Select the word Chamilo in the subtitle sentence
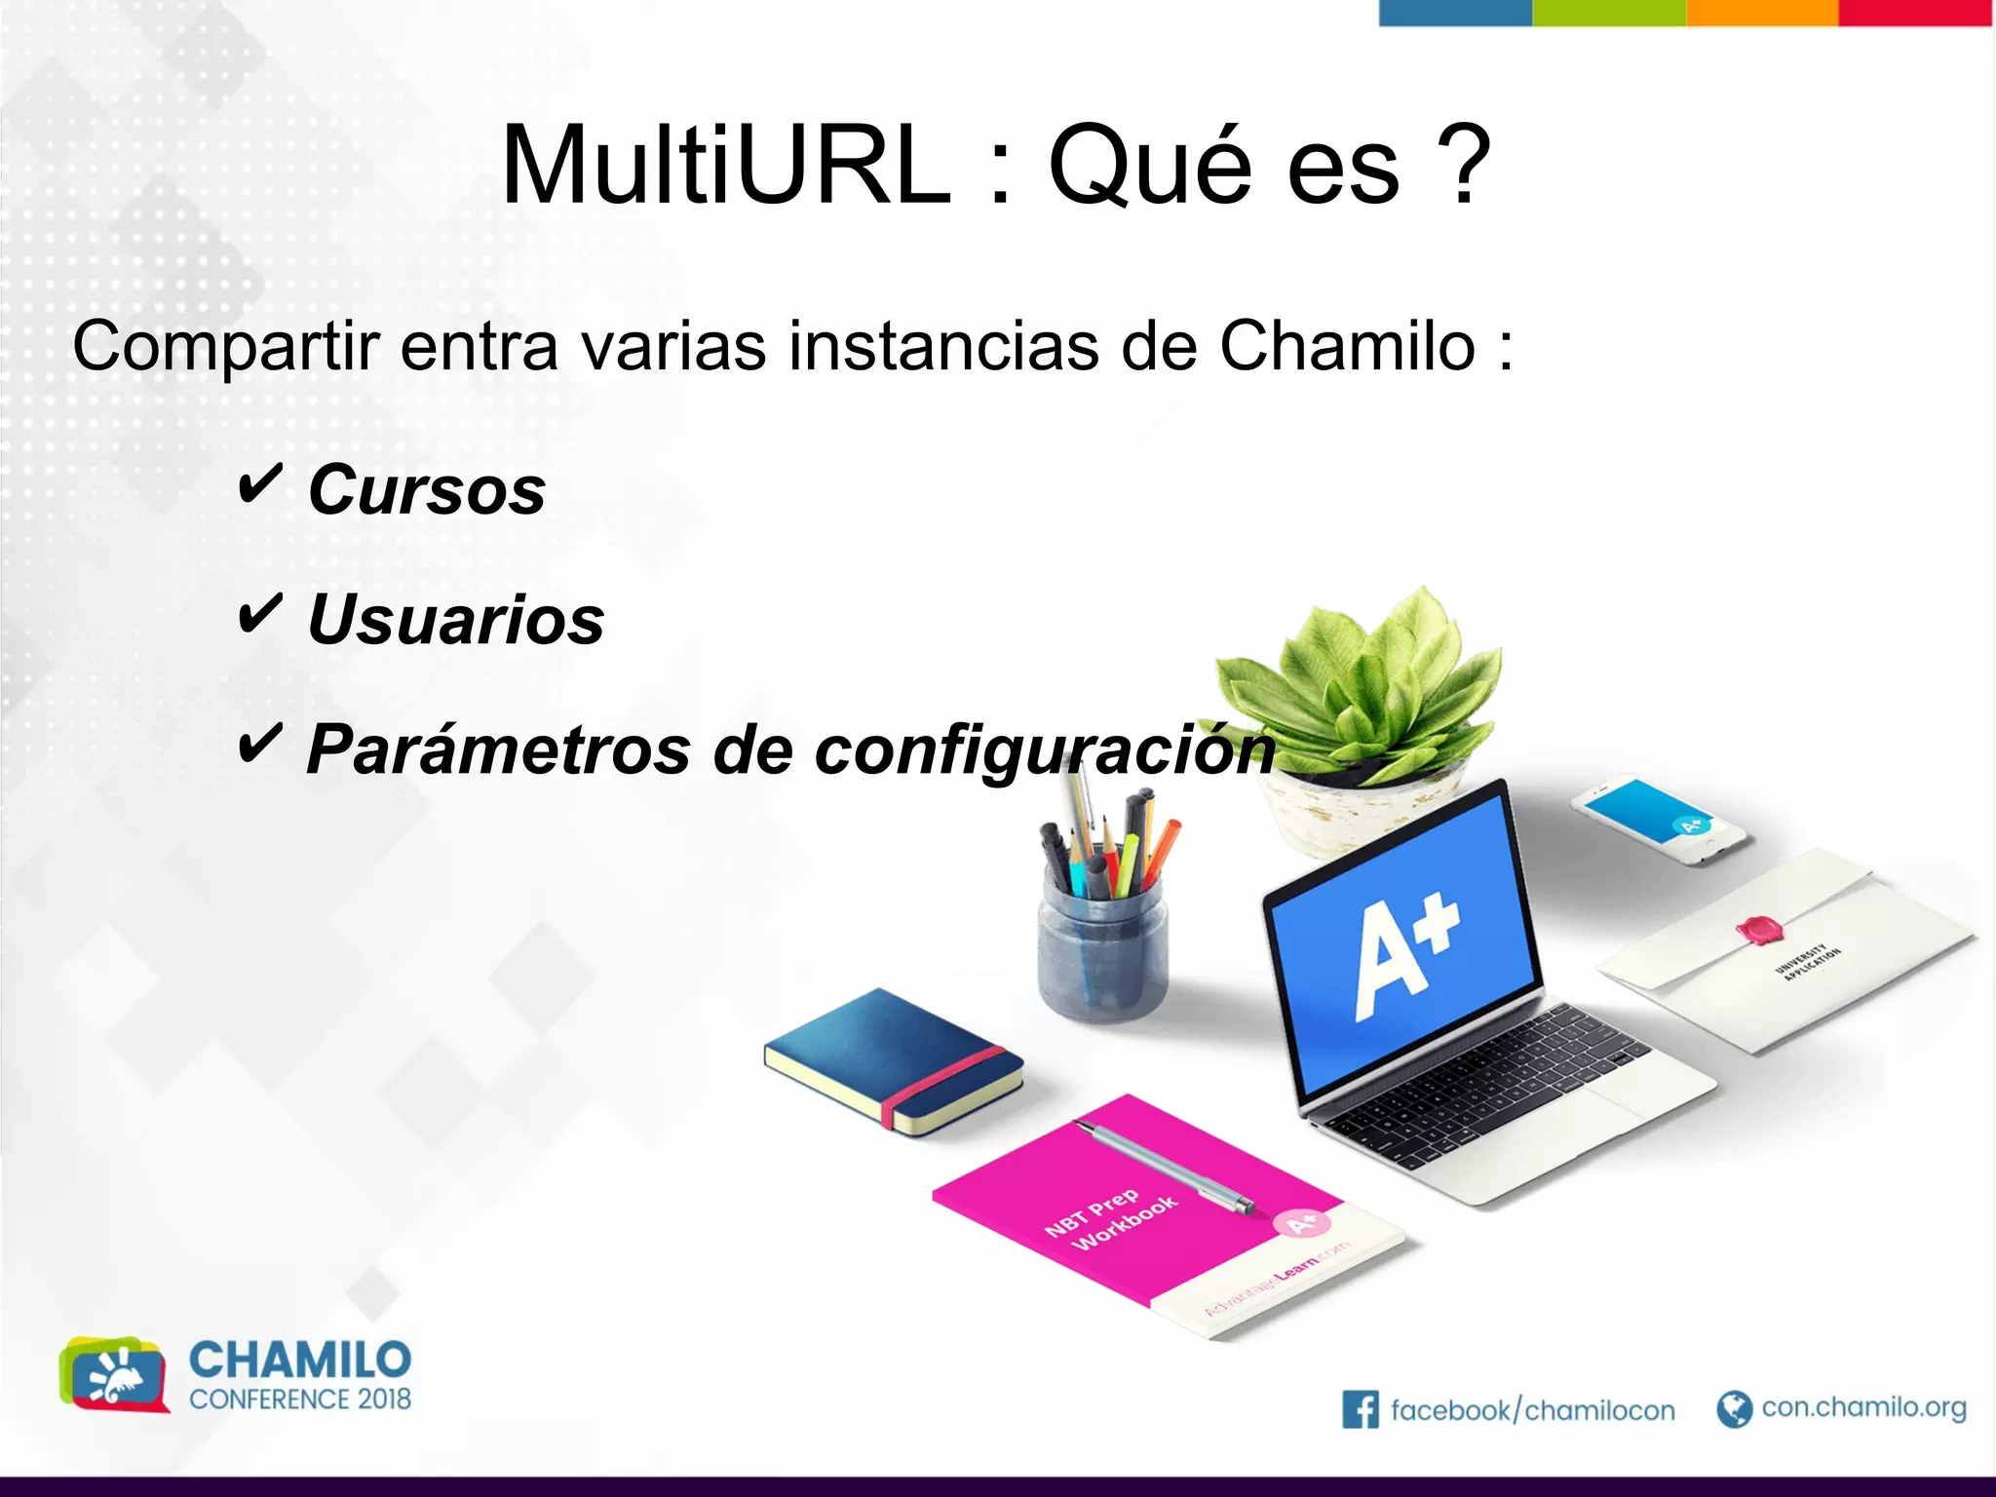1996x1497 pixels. coord(1348,346)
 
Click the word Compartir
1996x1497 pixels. coord(225,348)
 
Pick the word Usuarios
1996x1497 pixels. coord(456,620)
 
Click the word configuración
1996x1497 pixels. coord(1044,751)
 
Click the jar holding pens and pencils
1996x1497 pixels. coord(1102,955)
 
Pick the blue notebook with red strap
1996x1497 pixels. coord(893,1062)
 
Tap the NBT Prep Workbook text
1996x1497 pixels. coord(1110,1218)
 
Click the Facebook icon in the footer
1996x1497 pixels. coord(1361,1409)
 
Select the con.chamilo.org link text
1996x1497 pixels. coord(1863,1407)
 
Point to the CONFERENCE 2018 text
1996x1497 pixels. coord(300,1399)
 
